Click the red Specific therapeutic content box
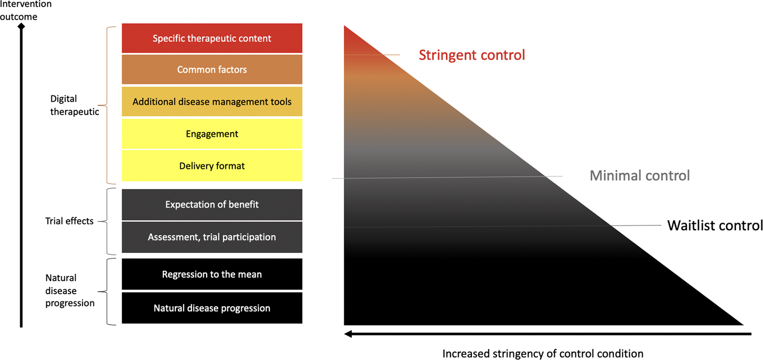click(x=212, y=38)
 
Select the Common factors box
click(x=212, y=69)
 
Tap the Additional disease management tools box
click(x=212, y=101)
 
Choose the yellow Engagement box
click(x=212, y=134)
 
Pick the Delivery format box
click(x=212, y=166)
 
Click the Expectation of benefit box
click(x=212, y=205)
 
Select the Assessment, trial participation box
click(x=212, y=237)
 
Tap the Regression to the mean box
click(x=212, y=274)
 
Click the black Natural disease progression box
click(x=212, y=308)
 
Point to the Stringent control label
click(x=472, y=55)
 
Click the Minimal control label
click(x=640, y=176)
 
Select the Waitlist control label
click(x=715, y=226)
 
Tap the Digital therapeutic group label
click(x=75, y=105)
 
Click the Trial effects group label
click(x=69, y=221)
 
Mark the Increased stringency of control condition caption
click(x=543, y=354)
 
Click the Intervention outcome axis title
click(x=26, y=10)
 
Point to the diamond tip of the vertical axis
click(x=21, y=26)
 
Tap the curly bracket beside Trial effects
click(x=108, y=221)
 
